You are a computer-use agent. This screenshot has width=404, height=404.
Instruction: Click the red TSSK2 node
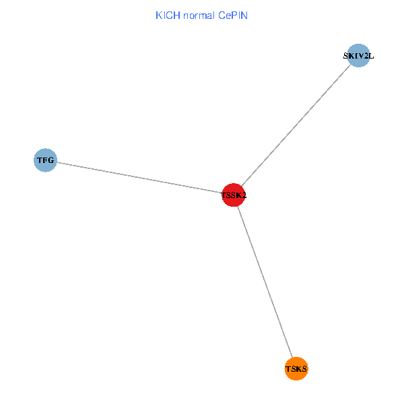click(233, 195)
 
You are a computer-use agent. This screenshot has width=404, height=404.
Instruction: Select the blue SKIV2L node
click(358, 56)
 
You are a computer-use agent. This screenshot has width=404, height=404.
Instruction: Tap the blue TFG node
click(45, 160)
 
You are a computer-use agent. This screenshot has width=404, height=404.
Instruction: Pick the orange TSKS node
click(296, 369)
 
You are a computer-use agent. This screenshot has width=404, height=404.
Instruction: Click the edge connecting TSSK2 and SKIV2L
click(296, 125)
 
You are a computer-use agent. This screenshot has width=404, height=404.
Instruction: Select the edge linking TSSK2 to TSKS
click(265, 282)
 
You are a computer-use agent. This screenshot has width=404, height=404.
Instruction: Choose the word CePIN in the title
click(232, 15)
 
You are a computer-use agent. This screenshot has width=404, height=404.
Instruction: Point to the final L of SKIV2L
click(370, 56)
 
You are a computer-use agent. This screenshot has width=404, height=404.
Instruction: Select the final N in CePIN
click(244, 15)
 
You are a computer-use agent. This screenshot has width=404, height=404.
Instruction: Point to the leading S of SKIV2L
click(346, 56)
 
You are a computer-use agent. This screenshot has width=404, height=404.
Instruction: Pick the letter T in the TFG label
click(40, 160)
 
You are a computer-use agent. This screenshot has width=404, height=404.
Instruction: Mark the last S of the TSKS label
click(305, 369)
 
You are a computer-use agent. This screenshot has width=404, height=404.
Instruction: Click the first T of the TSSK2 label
click(224, 196)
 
